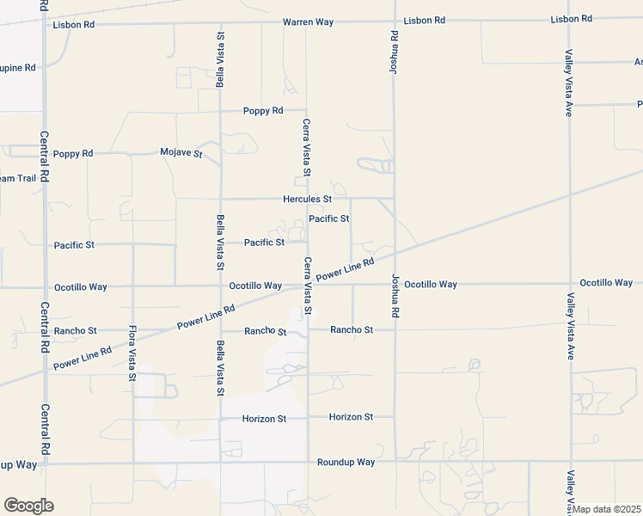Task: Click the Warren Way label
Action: tap(308, 21)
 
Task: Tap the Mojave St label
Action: tap(181, 153)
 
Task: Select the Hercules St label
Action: tap(307, 199)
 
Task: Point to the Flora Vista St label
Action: tap(132, 353)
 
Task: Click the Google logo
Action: tap(28, 506)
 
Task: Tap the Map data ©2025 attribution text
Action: tap(608, 509)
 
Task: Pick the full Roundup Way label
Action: tap(346, 462)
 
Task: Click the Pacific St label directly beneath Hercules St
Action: tap(328, 218)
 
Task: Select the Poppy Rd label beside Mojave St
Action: tap(72, 154)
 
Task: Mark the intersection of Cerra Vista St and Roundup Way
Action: tap(308, 462)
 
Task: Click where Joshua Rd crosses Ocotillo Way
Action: tap(395, 284)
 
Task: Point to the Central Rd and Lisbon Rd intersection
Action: tap(45, 24)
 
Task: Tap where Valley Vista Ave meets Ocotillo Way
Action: tap(569, 283)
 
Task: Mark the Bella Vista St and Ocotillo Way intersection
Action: tap(220, 286)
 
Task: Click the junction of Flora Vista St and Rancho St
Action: tap(132, 330)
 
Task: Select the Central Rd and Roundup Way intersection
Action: tap(45, 464)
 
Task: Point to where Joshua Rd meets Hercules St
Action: tap(395, 199)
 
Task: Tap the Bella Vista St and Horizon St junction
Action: tap(220, 419)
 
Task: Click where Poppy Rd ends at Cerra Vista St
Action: tap(307, 111)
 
